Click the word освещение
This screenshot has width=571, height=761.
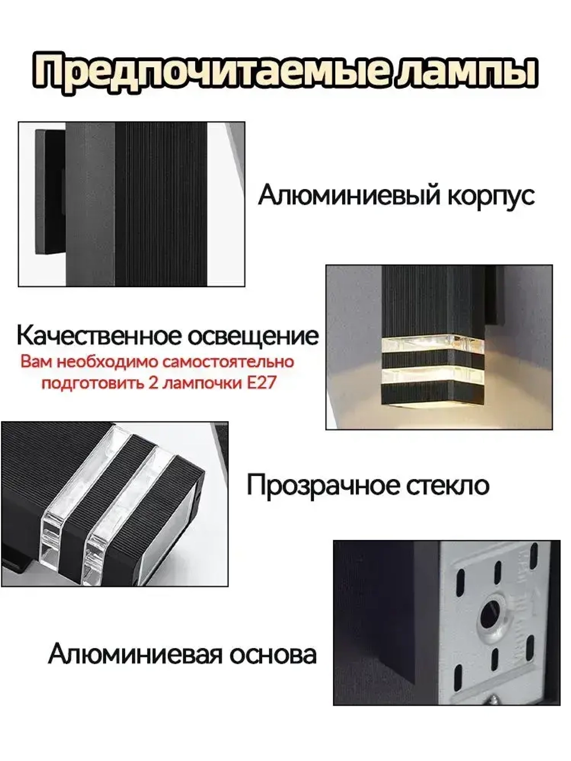(x=253, y=336)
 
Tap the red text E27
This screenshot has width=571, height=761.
(x=262, y=382)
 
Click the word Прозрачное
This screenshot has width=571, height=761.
(x=323, y=485)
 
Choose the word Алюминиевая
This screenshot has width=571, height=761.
(x=135, y=654)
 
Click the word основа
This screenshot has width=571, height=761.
(x=273, y=654)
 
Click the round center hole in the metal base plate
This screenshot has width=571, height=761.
(x=490, y=615)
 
